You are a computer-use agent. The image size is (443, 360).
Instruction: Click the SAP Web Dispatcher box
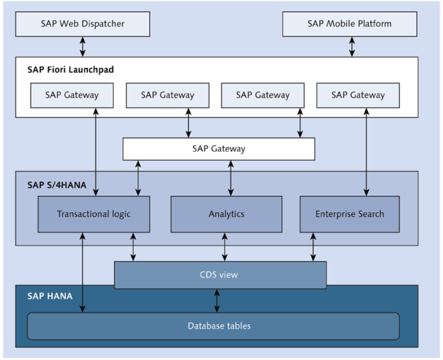[x=83, y=24]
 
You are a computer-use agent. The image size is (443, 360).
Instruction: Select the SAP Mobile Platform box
[x=350, y=24]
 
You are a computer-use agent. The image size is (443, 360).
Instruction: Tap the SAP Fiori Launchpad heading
[x=70, y=69]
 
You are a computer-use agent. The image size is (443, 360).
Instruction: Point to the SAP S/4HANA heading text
[x=57, y=185]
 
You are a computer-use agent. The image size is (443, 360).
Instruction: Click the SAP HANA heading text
[x=50, y=296]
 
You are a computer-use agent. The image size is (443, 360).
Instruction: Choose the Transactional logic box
[x=94, y=214]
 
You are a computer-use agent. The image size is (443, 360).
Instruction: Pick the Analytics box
[x=226, y=214]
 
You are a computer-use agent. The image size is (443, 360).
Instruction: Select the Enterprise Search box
[x=350, y=214]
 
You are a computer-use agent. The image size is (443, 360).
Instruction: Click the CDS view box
[x=220, y=275]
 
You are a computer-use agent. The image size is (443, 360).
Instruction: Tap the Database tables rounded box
[x=213, y=326]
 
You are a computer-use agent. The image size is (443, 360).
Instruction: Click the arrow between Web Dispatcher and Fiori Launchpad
[x=83, y=47]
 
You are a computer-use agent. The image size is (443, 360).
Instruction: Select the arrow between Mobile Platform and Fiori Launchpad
[x=352, y=47]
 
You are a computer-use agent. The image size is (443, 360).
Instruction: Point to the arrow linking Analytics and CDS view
[x=225, y=247]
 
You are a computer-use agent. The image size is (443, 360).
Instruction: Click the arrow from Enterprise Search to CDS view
[x=313, y=247]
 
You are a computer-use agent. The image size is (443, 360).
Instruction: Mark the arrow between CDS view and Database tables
[x=217, y=301]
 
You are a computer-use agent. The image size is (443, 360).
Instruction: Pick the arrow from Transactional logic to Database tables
[x=83, y=273]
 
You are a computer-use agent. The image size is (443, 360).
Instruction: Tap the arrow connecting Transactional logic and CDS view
[x=133, y=247]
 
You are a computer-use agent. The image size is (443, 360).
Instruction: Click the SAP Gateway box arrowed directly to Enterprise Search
[x=358, y=95]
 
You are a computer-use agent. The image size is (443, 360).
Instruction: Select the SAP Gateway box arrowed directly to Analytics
[x=218, y=149]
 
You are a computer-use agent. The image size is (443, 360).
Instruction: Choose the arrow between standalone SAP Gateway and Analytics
[x=231, y=178]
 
